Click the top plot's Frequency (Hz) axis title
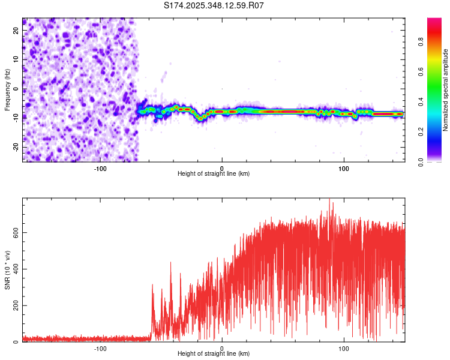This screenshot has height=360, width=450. click(7, 90)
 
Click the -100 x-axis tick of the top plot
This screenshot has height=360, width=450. click(100, 168)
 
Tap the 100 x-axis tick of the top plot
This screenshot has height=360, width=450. click(344, 168)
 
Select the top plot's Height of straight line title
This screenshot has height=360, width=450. click(214, 174)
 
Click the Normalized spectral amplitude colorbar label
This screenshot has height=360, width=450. click(445, 90)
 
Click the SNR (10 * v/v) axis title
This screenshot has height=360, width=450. click(7, 270)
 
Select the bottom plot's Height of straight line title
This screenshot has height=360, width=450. click(214, 354)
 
